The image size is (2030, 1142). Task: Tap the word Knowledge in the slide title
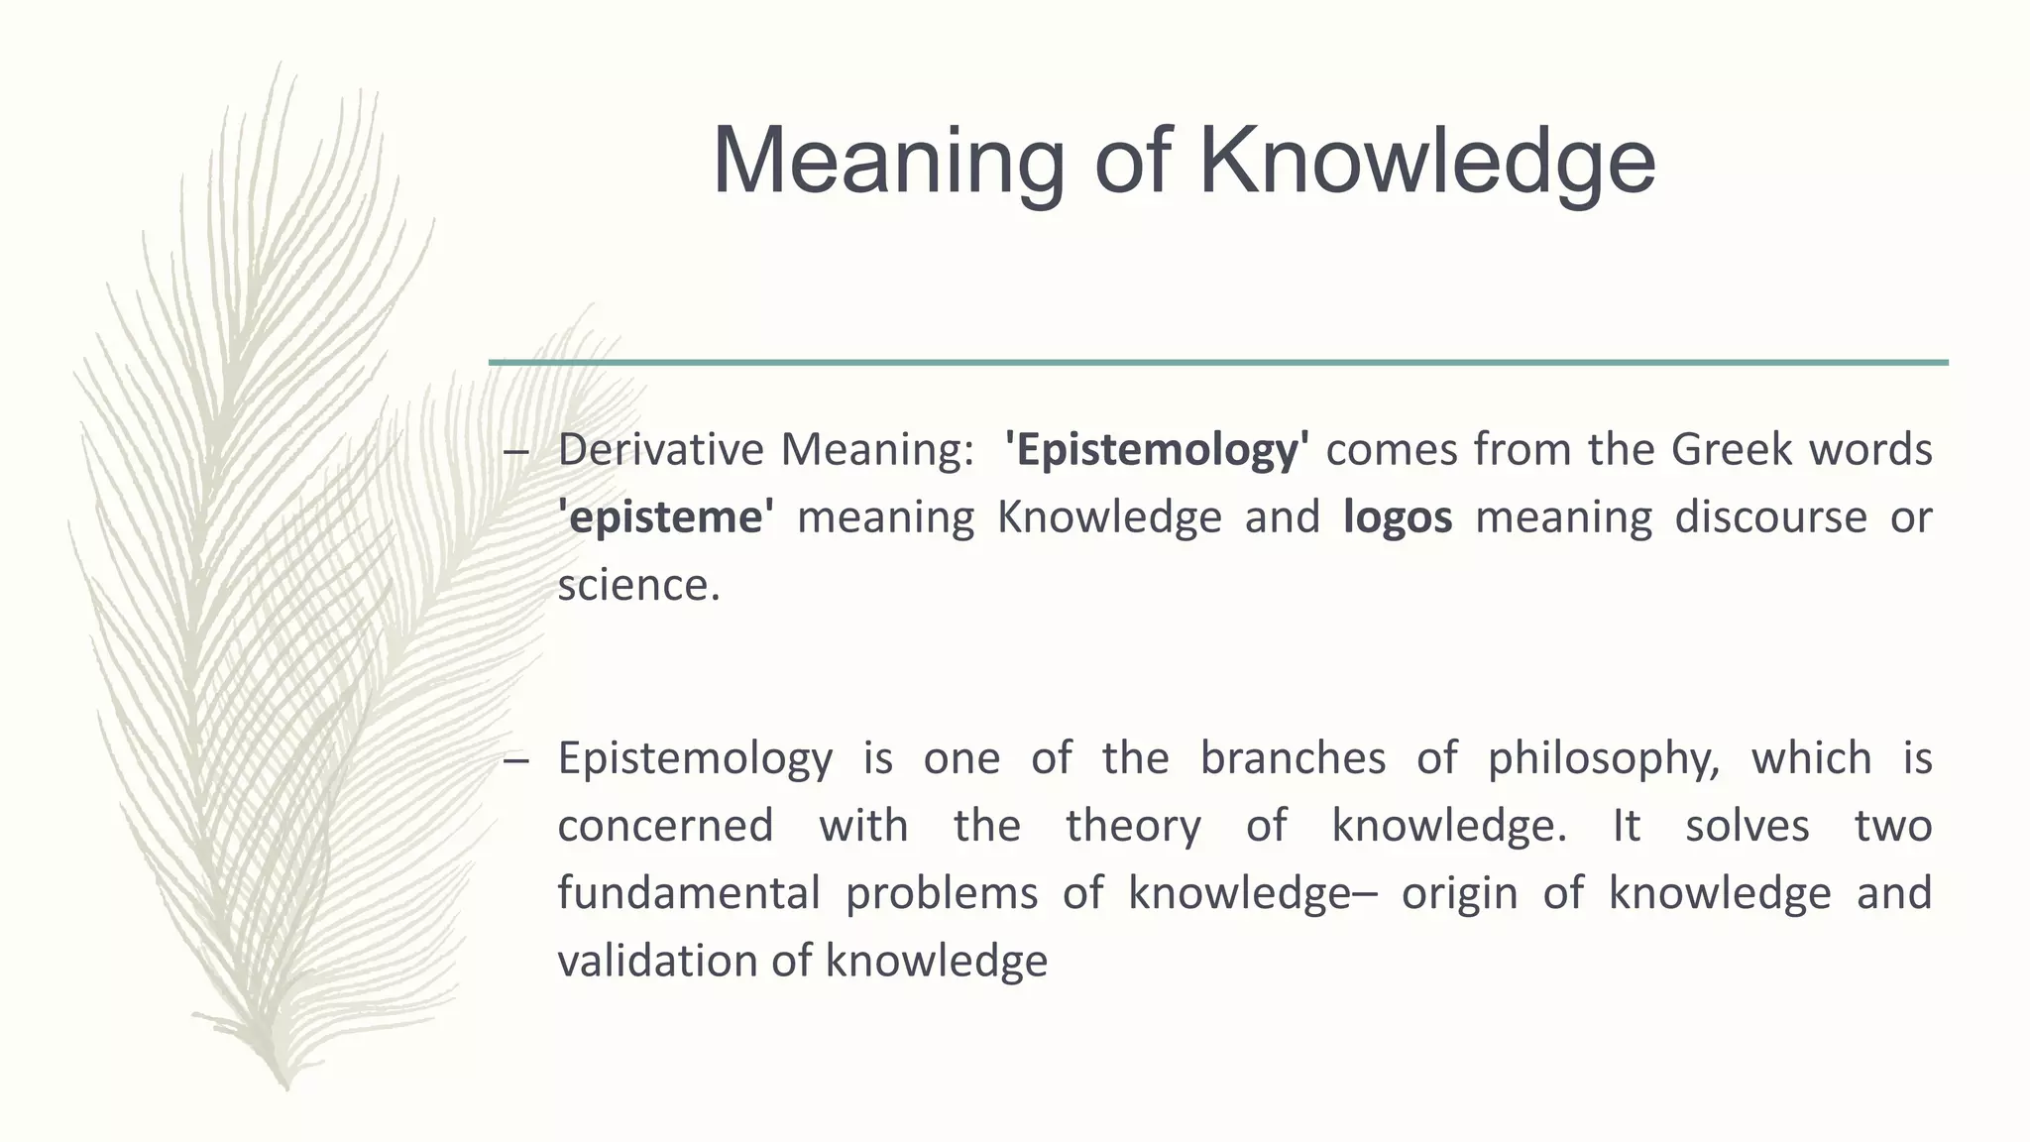point(1427,162)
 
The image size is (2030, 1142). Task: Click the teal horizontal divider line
point(1218,363)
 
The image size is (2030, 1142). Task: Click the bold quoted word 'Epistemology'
point(1156,450)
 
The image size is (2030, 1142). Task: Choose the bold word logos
point(1398,517)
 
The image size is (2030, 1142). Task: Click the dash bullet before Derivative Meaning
point(515,452)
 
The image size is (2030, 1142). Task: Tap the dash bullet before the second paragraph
point(515,760)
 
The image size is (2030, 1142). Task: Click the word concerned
point(665,826)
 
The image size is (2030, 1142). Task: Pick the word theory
point(1133,826)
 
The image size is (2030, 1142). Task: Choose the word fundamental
point(688,893)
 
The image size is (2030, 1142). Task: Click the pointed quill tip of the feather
point(285,1087)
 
